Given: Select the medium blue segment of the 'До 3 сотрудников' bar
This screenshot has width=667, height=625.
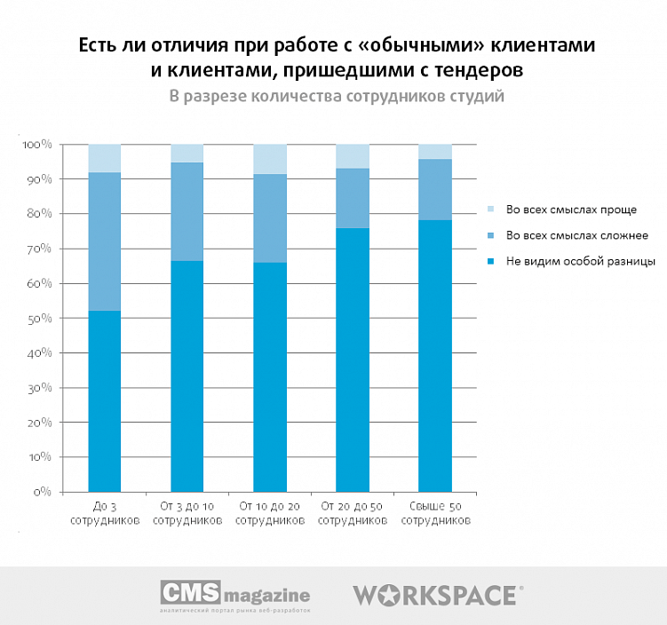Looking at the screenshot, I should (105, 241).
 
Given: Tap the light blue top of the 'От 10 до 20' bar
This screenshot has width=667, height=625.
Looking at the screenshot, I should (270, 159).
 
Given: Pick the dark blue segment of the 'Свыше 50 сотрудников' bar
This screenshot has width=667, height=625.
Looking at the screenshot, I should (435, 355).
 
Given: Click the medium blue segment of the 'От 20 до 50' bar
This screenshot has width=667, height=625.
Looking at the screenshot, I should (353, 198).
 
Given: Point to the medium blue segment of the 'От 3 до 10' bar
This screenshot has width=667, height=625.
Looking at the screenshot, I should (187, 211).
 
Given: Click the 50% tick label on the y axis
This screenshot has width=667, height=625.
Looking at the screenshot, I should (41, 318).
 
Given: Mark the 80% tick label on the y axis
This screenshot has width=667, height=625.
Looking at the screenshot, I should (41, 214).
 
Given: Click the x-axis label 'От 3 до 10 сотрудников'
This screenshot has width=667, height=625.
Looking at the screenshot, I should (187, 513).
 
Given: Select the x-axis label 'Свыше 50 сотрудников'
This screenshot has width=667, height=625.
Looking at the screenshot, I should (435, 513).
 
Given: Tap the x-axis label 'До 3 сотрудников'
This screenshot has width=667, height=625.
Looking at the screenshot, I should (105, 513).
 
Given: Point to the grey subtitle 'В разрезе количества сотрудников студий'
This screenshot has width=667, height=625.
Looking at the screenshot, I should (337, 96).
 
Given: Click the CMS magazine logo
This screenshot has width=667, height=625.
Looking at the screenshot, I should (234, 596).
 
